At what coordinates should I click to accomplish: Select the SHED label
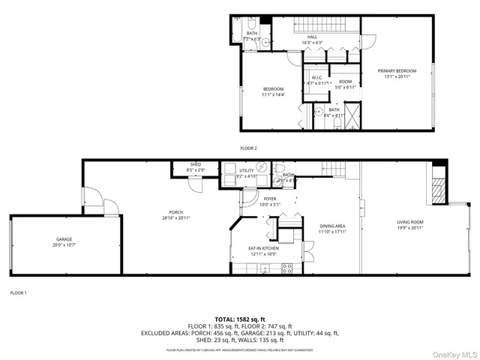(196, 167)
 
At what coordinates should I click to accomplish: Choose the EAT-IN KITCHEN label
(263, 250)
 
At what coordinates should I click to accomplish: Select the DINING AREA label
(332, 228)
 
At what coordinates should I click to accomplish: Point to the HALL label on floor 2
(313, 40)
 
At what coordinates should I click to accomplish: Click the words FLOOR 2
(248, 148)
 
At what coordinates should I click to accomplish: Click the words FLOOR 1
(19, 292)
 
